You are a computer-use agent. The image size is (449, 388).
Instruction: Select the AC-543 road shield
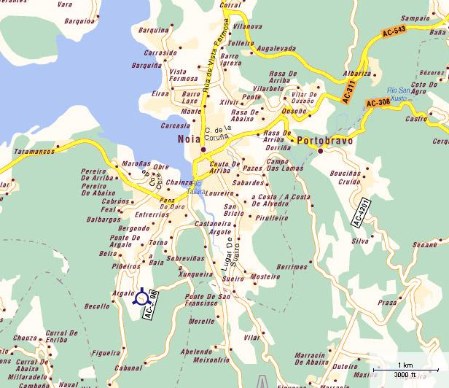tap(392, 33)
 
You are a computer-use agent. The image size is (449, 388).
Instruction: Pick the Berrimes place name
tap(292, 267)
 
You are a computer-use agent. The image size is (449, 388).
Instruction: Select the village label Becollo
tap(96, 307)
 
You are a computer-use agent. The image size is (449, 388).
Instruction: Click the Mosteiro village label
tap(265, 276)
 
